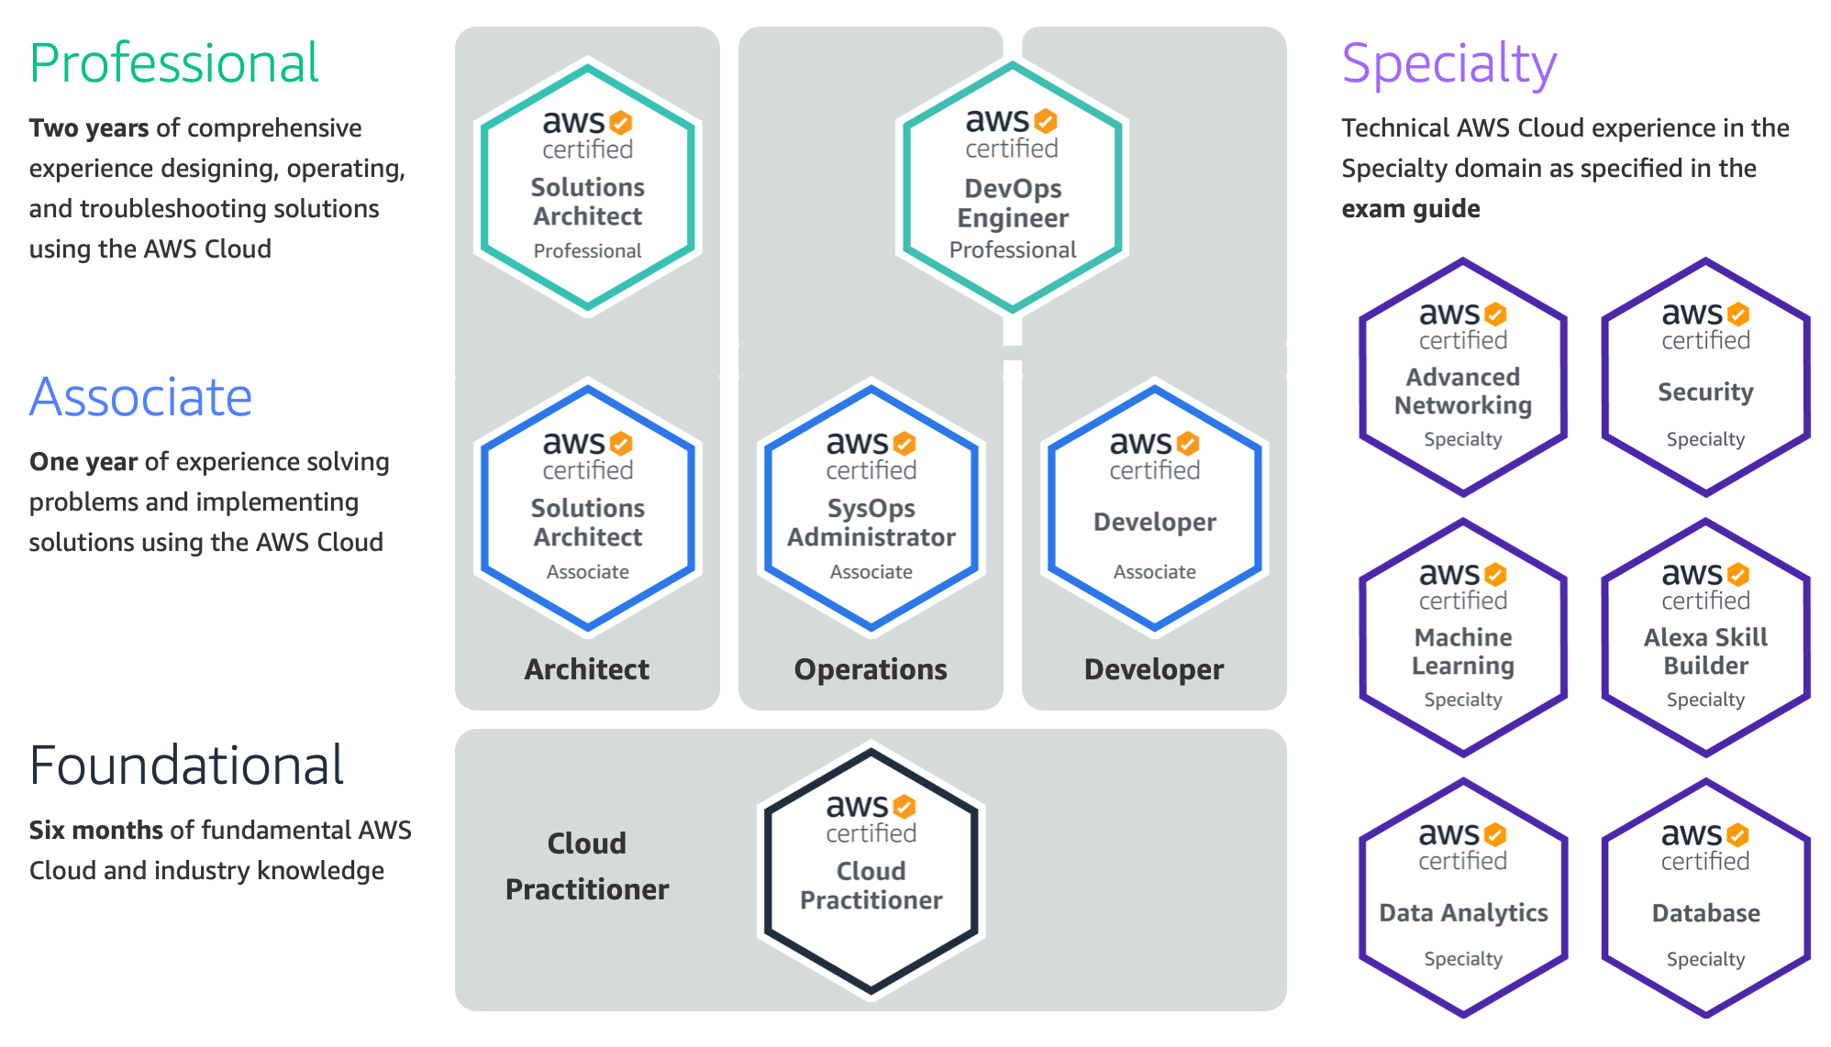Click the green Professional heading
[x=174, y=63]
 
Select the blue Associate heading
[x=140, y=397]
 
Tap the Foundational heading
[x=186, y=766]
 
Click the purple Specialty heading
[x=1448, y=64]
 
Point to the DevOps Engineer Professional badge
[x=1012, y=188]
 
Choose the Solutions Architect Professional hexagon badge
[x=588, y=188]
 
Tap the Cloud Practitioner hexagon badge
[x=871, y=871]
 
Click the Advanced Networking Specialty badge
[x=1463, y=378]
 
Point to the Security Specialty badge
[x=1705, y=378]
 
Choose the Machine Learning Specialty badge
[x=1463, y=638]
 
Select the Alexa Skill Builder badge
[x=1705, y=638]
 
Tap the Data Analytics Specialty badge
[x=1463, y=898]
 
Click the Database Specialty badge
[x=1705, y=898]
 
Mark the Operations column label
[x=871, y=669]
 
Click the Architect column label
[x=587, y=669]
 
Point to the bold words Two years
[x=89, y=128]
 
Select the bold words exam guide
[x=1411, y=209]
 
